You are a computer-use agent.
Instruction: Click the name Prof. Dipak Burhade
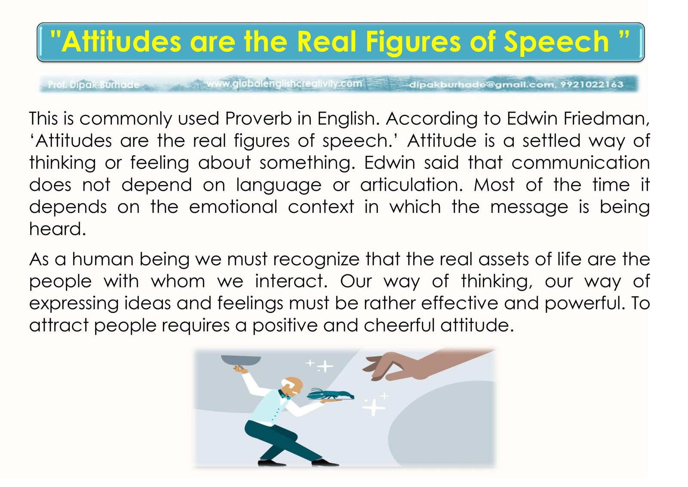click(93, 84)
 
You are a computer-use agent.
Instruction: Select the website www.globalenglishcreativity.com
click(284, 83)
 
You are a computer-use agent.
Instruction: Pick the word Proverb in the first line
click(258, 118)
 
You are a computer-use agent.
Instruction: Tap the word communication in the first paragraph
click(580, 163)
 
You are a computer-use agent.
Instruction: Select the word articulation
click(411, 185)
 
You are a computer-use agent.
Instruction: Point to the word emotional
click(233, 207)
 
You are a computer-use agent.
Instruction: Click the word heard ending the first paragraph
click(58, 229)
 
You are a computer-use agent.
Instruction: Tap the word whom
click(178, 281)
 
